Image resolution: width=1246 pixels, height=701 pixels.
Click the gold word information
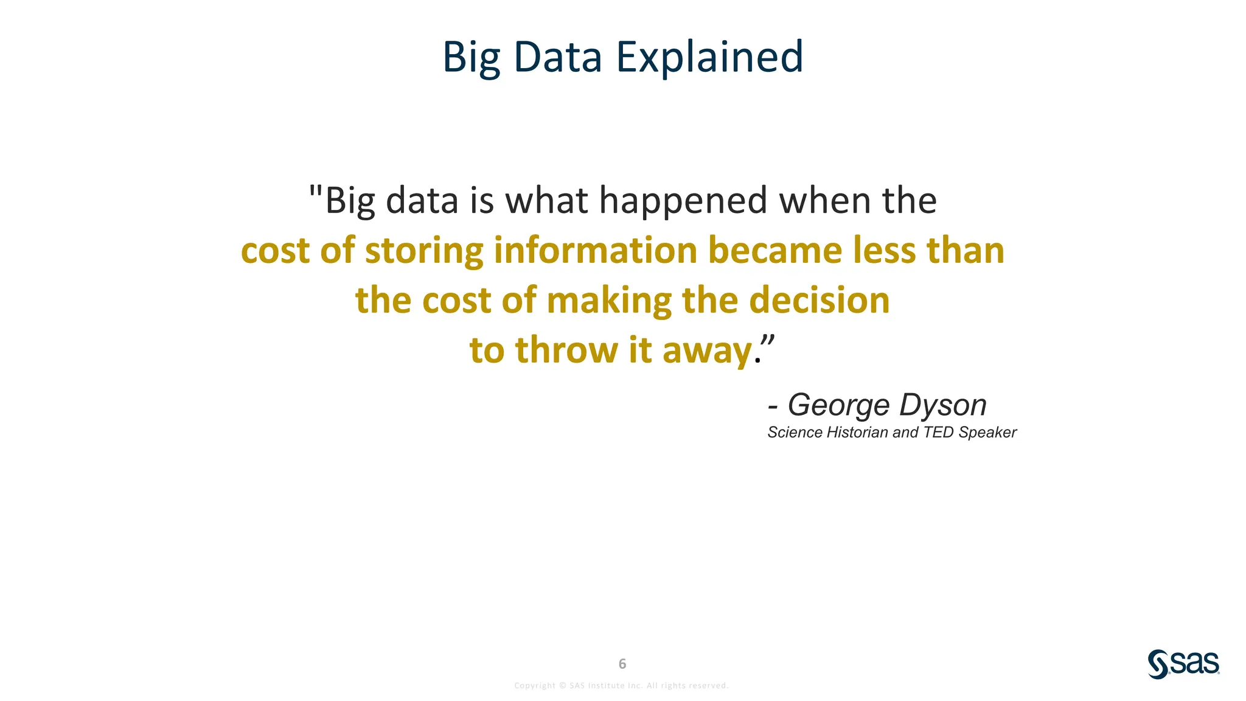pos(595,251)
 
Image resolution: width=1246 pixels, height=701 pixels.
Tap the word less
pos(883,251)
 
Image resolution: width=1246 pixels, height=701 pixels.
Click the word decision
pos(819,301)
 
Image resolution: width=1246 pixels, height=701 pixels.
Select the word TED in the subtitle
pos(939,433)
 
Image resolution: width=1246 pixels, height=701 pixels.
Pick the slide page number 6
pos(622,664)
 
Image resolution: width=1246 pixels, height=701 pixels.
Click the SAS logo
pos(1183,664)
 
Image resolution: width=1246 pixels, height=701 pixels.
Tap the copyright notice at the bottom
pos(621,686)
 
